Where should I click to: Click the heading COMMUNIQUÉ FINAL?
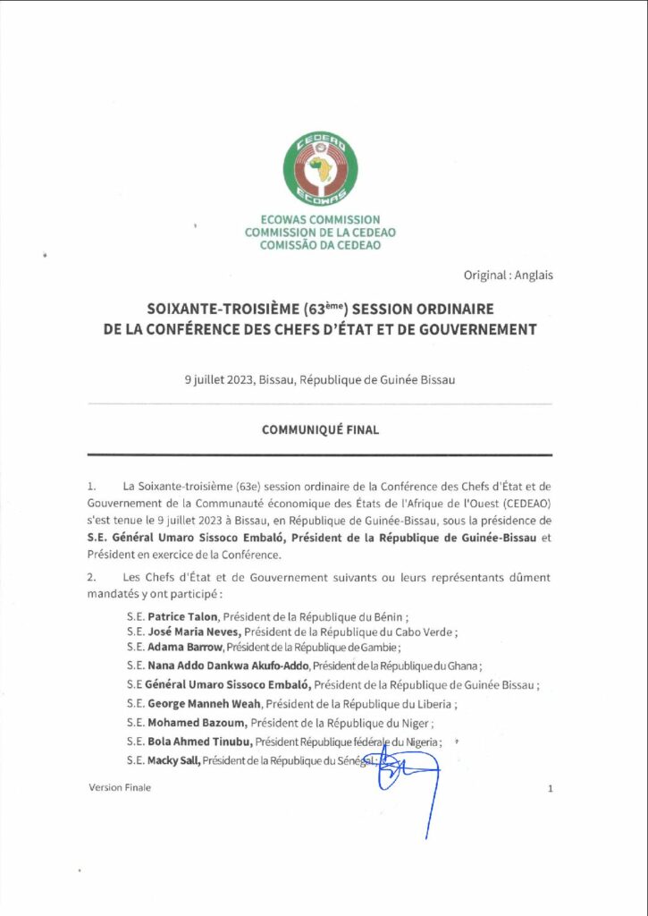pyautogui.click(x=320, y=429)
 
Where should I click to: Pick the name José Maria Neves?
pyautogui.click(x=189, y=632)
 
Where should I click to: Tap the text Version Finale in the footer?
pyautogui.click(x=120, y=787)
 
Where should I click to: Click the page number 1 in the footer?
pyautogui.click(x=551, y=788)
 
